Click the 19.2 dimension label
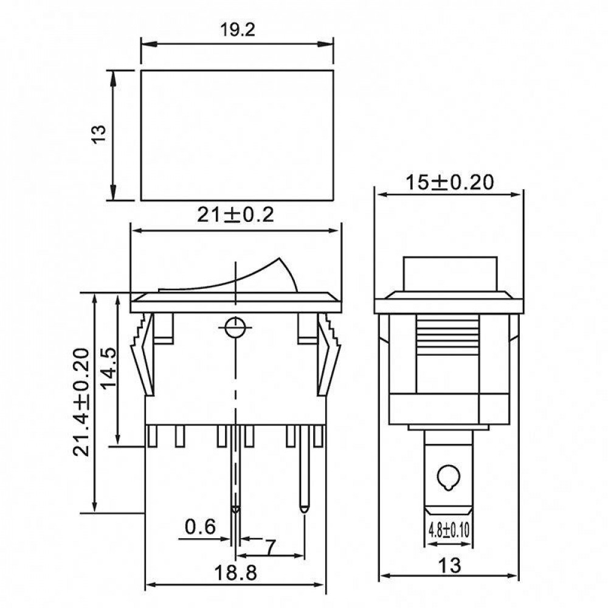(x=238, y=30)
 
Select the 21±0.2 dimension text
(x=235, y=215)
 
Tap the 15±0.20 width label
(x=449, y=182)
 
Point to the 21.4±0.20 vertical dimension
(x=81, y=402)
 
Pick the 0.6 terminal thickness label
(x=200, y=527)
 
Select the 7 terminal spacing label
(x=270, y=547)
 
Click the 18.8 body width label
(x=235, y=572)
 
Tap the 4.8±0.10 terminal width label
(x=449, y=530)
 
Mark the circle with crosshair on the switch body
(x=235, y=328)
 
